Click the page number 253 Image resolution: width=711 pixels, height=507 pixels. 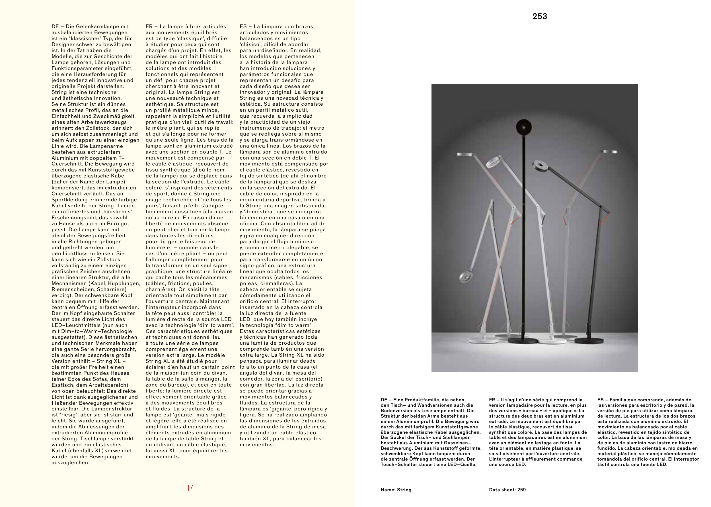click(539, 17)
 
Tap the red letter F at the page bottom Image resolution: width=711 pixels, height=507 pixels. click(190, 488)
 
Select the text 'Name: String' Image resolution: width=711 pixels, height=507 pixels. click(396, 490)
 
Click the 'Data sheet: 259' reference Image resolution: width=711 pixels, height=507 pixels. click(507, 490)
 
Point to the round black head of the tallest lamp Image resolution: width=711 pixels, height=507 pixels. click(524, 127)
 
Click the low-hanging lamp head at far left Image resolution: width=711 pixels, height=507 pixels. click(467, 276)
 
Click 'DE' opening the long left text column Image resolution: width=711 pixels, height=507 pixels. click(55, 27)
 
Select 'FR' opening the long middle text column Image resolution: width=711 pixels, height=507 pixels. click(149, 27)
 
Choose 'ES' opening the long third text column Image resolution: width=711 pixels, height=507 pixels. click(243, 27)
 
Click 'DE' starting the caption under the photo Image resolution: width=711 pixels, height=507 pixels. click(384, 400)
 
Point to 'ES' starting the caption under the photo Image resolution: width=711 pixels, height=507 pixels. click(600, 400)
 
